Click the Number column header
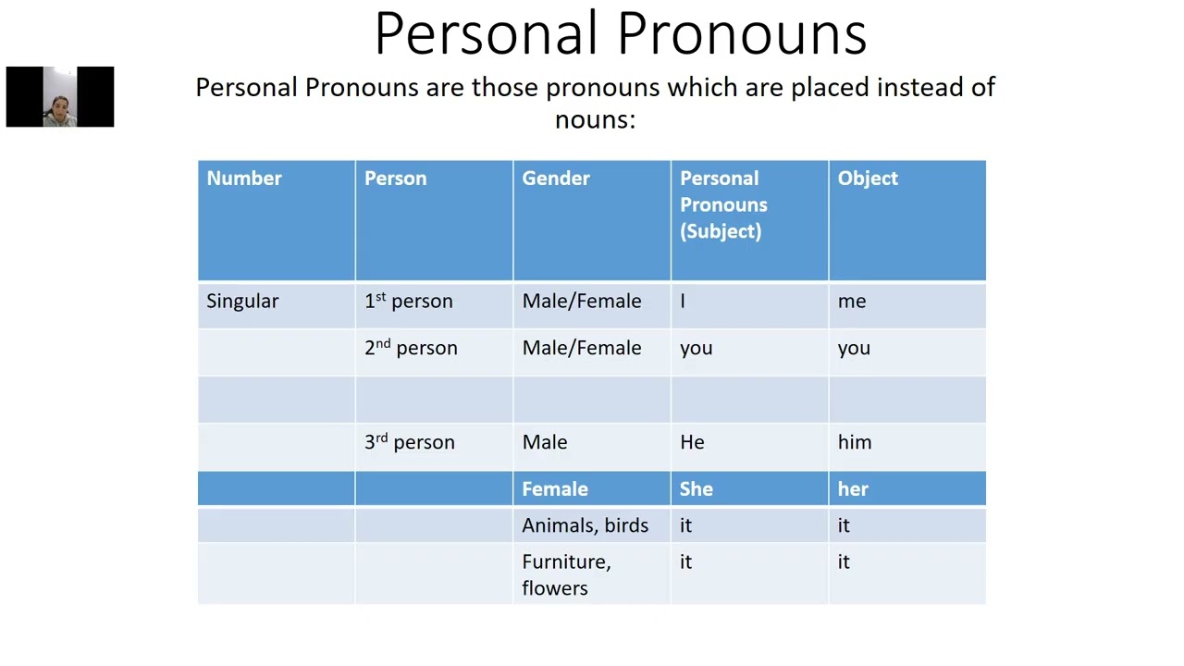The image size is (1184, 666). pyautogui.click(x=244, y=179)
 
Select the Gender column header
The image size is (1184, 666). pyautogui.click(x=555, y=179)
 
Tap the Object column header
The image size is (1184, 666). pyautogui.click(x=868, y=179)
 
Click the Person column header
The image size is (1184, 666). pyautogui.click(x=395, y=179)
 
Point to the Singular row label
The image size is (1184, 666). pyautogui.click(x=242, y=302)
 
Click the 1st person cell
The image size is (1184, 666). pyautogui.click(x=408, y=302)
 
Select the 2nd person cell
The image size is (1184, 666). pyautogui.click(x=411, y=348)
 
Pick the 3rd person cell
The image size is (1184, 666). pyautogui.click(x=409, y=442)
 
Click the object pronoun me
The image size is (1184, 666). pyautogui.click(x=852, y=302)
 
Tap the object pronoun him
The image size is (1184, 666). pyautogui.click(x=855, y=442)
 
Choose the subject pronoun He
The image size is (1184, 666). pyautogui.click(x=692, y=442)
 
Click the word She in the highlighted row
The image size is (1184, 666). pyautogui.click(x=697, y=489)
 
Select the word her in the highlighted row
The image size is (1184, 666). pyautogui.click(x=853, y=489)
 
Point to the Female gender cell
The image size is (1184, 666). pyautogui.click(x=555, y=489)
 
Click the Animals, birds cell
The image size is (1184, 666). pyautogui.click(x=585, y=525)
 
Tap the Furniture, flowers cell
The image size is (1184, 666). pyautogui.click(x=566, y=574)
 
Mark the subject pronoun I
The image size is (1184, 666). pyautogui.click(x=683, y=302)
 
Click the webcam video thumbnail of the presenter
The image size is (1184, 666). pyautogui.click(x=60, y=97)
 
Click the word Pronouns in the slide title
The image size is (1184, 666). pyautogui.click(x=742, y=35)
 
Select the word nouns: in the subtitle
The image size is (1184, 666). pyautogui.click(x=595, y=119)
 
